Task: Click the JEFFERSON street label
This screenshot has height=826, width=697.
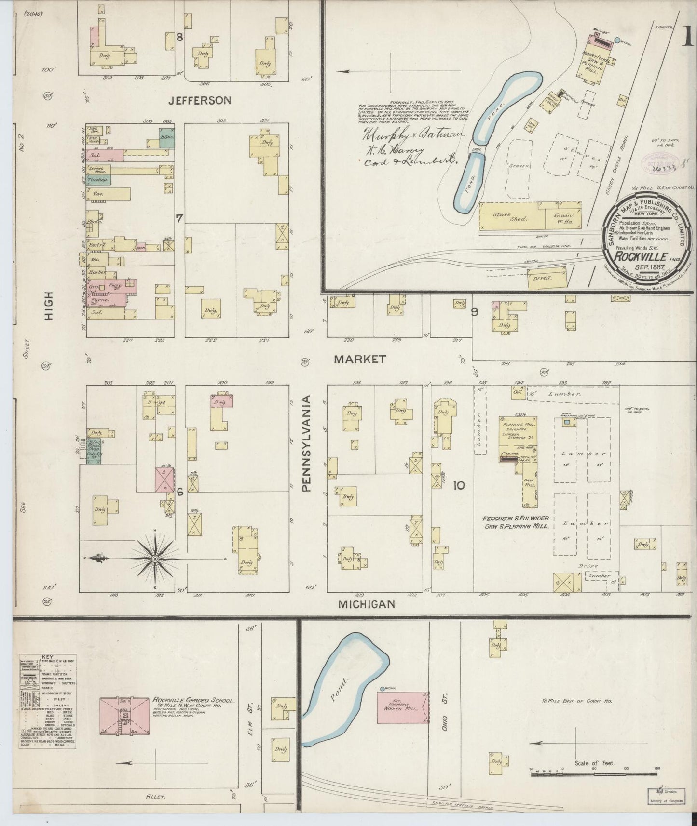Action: click(x=200, y=100)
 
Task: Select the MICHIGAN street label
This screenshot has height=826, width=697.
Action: click(x=367, y=604)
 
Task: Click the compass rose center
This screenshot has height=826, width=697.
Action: click(x=155, y=559)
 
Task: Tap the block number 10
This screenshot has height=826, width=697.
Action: click(x=459, y=485)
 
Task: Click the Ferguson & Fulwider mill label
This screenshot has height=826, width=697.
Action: click(x=516, y=522)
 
